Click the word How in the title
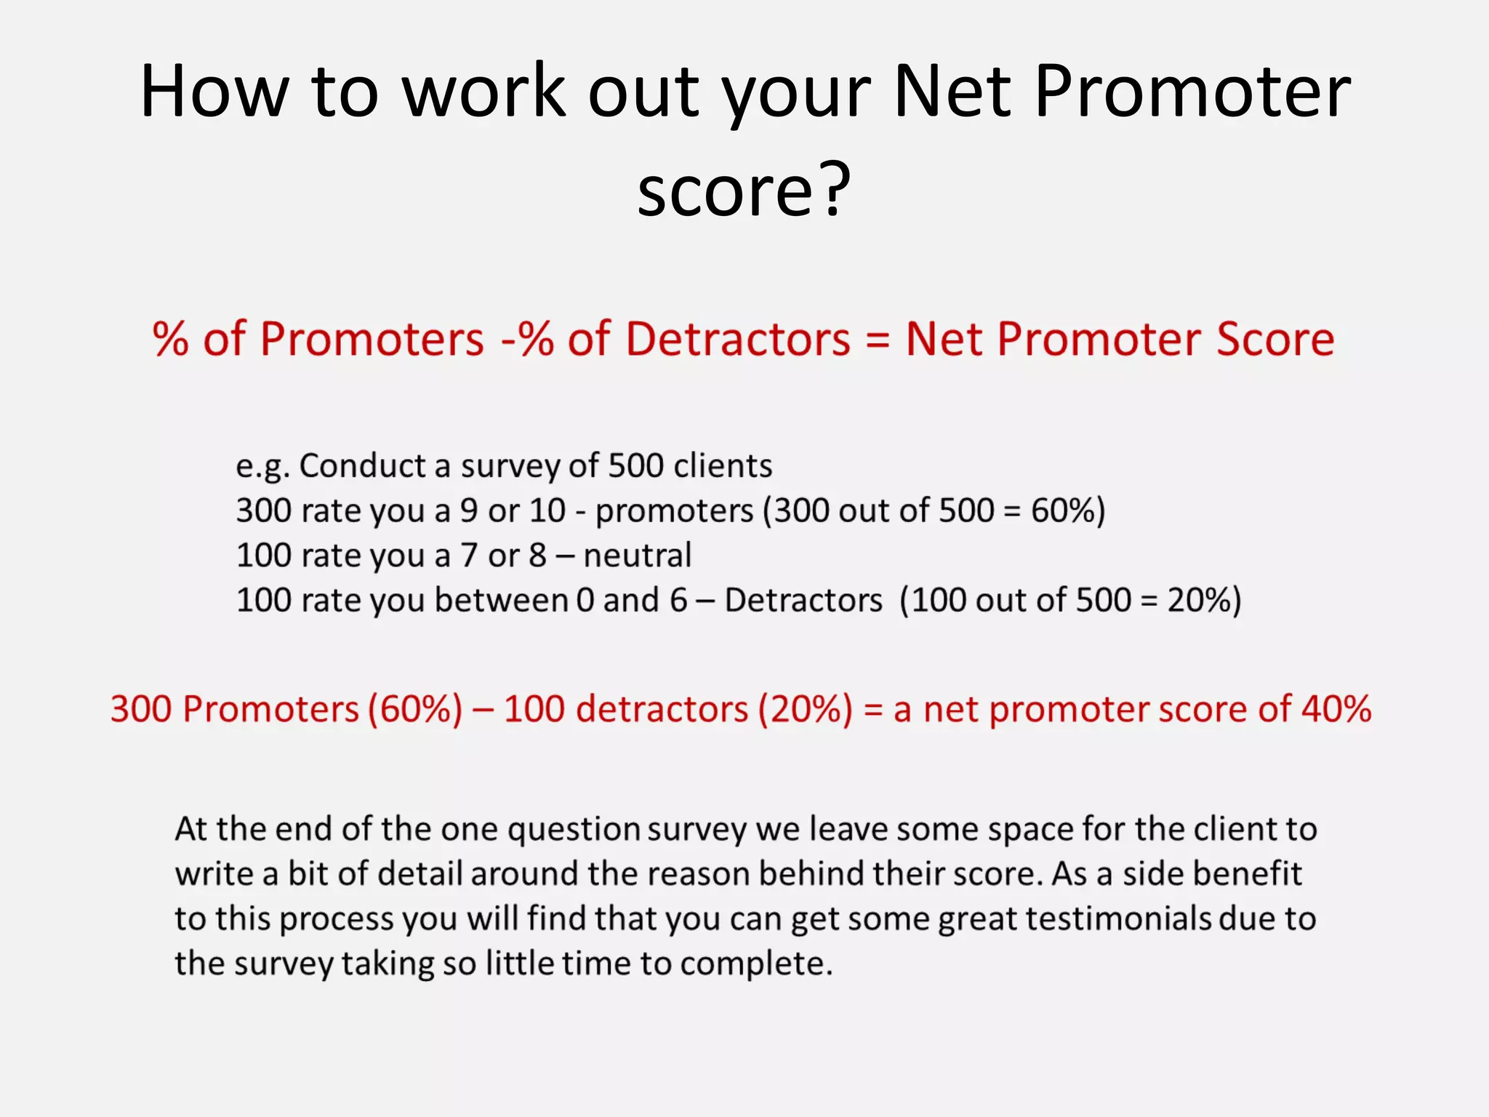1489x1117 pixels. pos(214,92)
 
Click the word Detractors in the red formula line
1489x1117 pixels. pos(737,340)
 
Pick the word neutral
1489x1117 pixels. pos(637,556)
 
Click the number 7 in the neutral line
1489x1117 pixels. pos(469,556)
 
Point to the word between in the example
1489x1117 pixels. pos(501,601)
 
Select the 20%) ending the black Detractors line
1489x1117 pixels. pos(1204,601)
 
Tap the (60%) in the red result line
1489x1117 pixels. pos(414,709)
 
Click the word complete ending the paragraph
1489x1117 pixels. pos(756,964)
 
